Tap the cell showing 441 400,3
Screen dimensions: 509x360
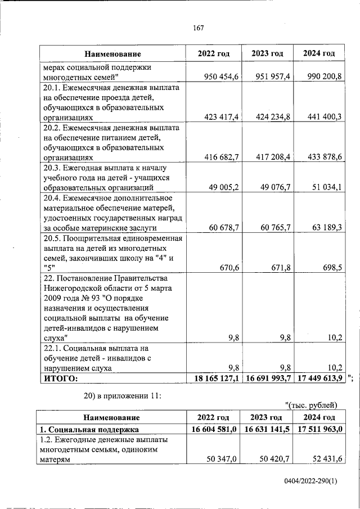click(319, 116)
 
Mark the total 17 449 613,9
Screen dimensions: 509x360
click(317, 379)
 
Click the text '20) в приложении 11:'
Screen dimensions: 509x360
click(123, 396)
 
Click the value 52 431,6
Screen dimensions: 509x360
click(323, 460)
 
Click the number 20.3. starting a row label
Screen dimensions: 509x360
click(53, 168)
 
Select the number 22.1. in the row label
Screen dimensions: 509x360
click(53, 348)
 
